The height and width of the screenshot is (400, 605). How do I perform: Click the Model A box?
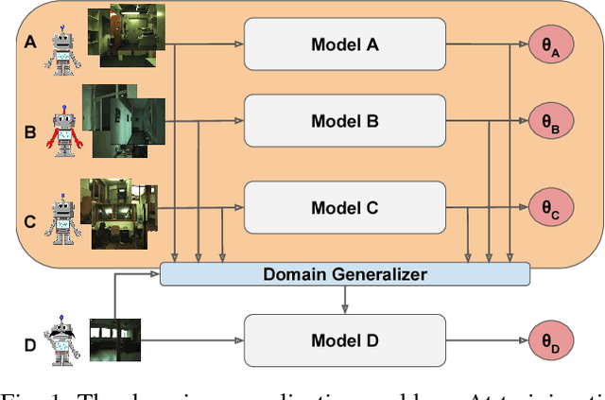[345, 43]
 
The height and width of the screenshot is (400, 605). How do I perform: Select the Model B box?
[345, 121]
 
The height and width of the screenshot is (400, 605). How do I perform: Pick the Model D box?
[345, 340]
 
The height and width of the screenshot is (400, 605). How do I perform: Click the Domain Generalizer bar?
[345, 274]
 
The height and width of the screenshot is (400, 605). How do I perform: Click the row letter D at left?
[29, 344]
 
